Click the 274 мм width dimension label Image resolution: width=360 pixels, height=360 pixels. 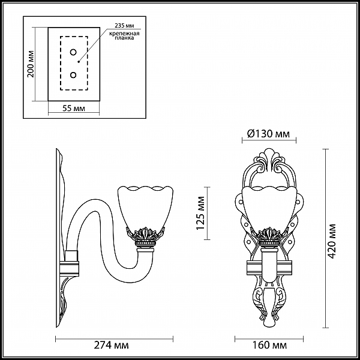point(111,345)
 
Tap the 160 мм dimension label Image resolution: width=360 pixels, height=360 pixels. point(269,345)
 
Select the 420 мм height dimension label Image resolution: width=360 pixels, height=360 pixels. point(331,241)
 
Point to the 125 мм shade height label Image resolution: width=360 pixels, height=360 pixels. point(200,213)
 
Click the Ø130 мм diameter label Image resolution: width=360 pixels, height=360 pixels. point(268,133)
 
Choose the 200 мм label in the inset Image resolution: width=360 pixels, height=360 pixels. point(31,64)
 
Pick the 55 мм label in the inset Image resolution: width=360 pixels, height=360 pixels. point(74,108)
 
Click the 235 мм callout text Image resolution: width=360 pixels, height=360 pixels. point(124,25)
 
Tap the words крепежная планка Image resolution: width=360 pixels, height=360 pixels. point(124,35)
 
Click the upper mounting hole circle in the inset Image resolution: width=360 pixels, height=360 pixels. point(73,52)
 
